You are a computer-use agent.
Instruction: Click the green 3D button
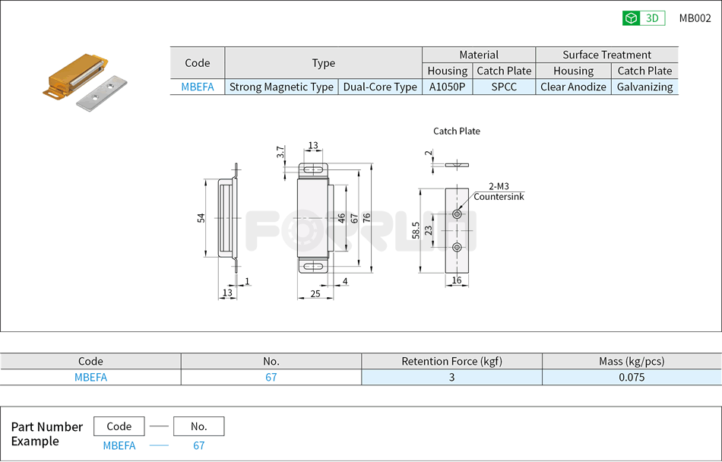[x=643, y=18]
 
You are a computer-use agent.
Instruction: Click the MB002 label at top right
[x=695, y=18]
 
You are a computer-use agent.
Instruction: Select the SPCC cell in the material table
[x=504, y=87]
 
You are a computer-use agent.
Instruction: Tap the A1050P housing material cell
[x=447, y=87]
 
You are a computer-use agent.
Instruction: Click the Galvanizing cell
[x=644, y=87]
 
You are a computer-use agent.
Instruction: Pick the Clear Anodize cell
[x=573, y=87]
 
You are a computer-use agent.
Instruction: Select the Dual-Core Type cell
[x=380, y=87]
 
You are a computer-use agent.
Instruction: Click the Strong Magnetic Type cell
[x=281, y=87]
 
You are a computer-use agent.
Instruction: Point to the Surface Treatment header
[x=606, y=55]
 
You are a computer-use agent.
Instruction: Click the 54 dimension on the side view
[x=201, y=218]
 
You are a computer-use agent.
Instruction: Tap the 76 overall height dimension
[x=366, y=218]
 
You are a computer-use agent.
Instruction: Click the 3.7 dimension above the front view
[x=280, y=153]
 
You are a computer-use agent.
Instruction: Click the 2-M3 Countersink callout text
[x=499, y=191]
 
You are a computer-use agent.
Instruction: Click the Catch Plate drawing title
[x=457, y=131]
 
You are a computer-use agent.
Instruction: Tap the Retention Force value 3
[x=451, y=377]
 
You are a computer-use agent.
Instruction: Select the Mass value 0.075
[x=632, y=377]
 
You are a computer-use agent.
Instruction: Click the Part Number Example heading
[x=46, y=434]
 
